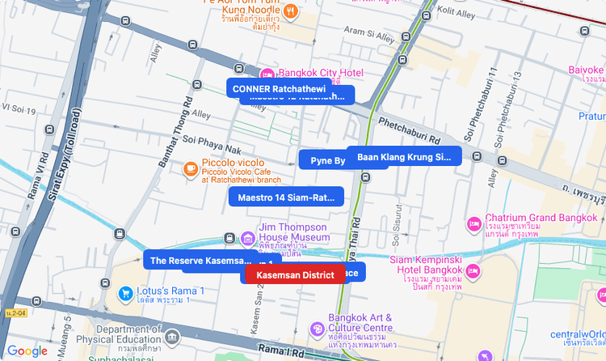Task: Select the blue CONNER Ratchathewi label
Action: (x=278, y=88)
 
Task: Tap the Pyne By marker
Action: (x=327, y=160)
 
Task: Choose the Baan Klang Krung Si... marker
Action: (x=404, y=156)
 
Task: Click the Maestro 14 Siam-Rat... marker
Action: (x=286, y=197)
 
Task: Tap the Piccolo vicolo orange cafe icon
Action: (x=190, y=168)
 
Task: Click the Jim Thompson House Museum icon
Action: (x=249, y=238)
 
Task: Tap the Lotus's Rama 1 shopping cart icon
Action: (x=125, y=293)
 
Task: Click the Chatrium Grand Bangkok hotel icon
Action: (x=474, y=222)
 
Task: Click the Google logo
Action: (x=27, y=350)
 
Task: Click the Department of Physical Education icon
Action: (x=171, y=337)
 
